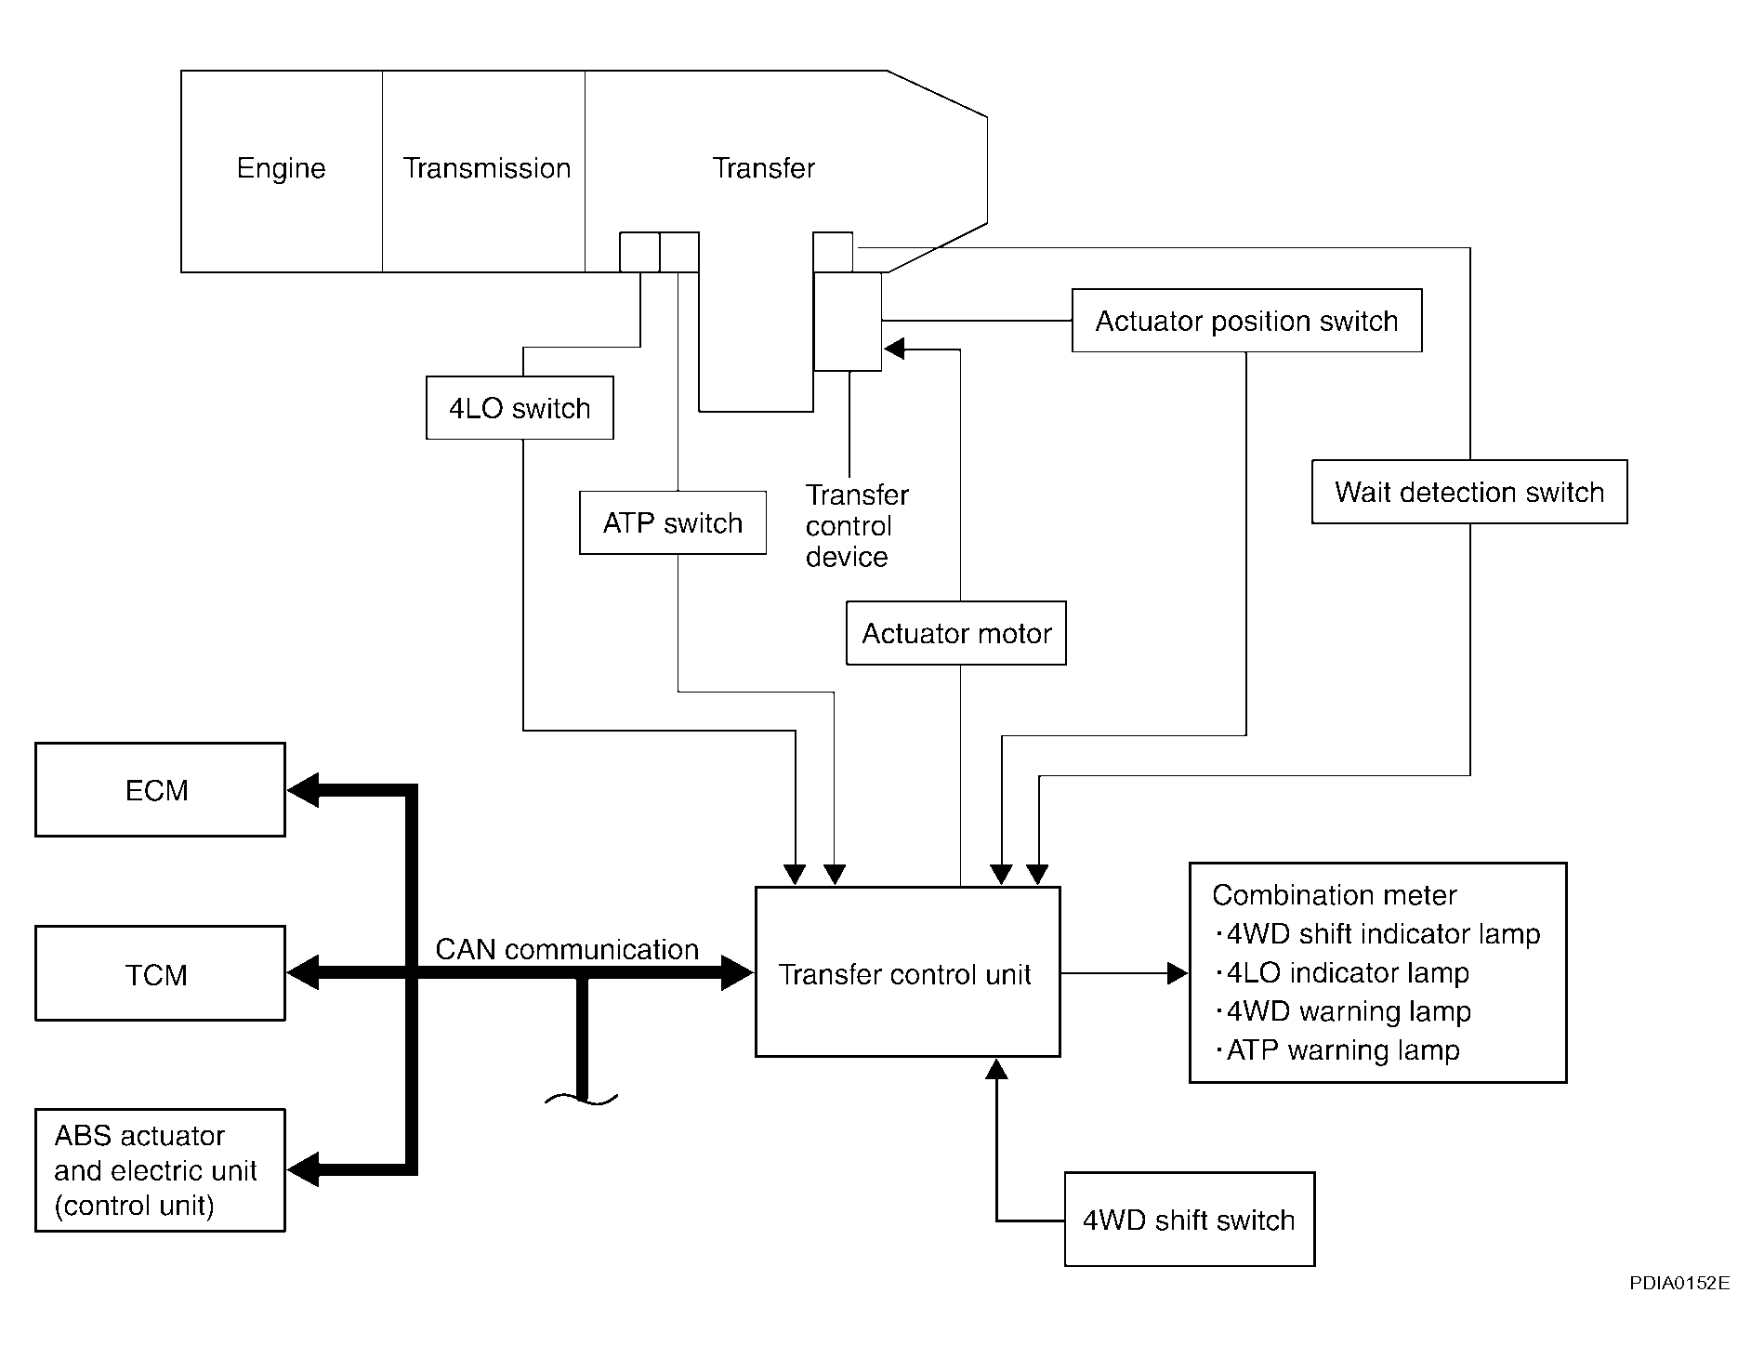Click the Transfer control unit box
pos(907,972)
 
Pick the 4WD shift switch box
pos(1189,1220)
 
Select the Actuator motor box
pos(955,634)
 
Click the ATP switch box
pos(673,523)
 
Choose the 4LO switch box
pos(520,408)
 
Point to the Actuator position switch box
pos(1246,321)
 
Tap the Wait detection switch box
pos(1468,492)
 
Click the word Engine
pos(281,168)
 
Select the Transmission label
pos(486,168)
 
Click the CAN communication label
pos(567,949)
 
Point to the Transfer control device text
pos(855,526)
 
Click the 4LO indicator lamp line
pos(1347,973)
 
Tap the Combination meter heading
pos(1334,895)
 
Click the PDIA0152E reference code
pos(1679,1284)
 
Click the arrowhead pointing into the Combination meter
pos(1178,973)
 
